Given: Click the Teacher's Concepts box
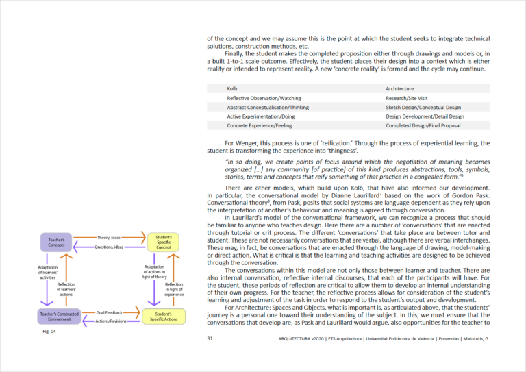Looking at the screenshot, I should coord(56,243).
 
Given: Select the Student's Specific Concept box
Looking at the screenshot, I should coord(164,243).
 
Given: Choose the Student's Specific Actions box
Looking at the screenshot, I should coord(164,316).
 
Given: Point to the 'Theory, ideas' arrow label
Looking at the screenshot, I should coord(109,238).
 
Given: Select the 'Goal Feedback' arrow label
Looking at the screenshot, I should coord(110,312).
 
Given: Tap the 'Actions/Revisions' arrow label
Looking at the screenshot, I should coord(109,321).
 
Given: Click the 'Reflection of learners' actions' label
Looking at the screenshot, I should coord(66,289).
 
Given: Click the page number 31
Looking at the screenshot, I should coord(210,338).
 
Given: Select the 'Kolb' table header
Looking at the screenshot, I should coord(233,88).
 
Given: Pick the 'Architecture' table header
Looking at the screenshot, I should coord(400,88).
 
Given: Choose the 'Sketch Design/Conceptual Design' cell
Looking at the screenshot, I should coord(423,107).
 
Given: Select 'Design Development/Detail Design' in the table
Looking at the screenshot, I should coord(425,116).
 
